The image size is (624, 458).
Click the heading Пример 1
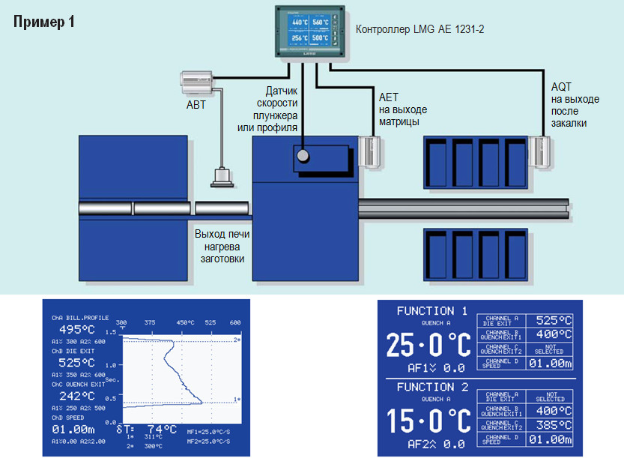point(44,21)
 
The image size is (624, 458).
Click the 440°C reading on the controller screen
point(300,22)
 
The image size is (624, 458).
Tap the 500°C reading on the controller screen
point(321,37)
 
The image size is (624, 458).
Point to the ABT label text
point(196,105)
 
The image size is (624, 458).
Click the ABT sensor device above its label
point(196,81)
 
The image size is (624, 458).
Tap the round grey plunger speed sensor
point(303,156)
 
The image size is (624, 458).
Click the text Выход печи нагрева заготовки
point(222,247)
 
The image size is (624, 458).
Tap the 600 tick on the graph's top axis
point(234,323)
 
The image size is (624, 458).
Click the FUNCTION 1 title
point(431,310)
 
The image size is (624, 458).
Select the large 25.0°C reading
point(428,345)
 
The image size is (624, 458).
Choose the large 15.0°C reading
point(428,421)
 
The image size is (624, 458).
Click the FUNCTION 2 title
point(431,387)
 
